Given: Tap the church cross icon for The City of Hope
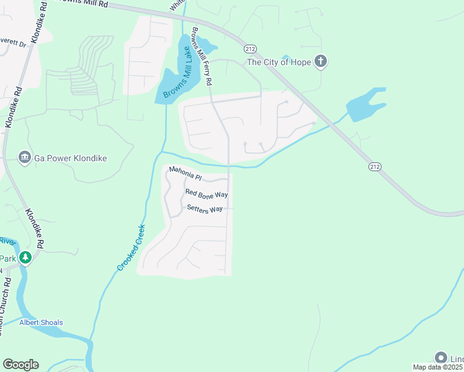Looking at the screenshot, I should click(320, 61).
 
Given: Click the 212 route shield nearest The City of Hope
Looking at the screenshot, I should click(250, 48).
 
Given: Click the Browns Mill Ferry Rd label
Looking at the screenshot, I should click(203, 56).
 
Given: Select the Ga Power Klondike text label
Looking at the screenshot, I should click(70, 158).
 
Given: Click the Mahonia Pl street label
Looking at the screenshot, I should click(185, 176).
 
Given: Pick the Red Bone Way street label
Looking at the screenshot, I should click(207, 195).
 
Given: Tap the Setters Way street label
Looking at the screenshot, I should click(204, 209).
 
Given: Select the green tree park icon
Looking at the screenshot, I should click(25, 257).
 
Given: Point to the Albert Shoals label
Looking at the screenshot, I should click(41, 322).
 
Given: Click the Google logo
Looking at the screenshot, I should click(20, 365).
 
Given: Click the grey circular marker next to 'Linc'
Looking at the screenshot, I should click(441, 358).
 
